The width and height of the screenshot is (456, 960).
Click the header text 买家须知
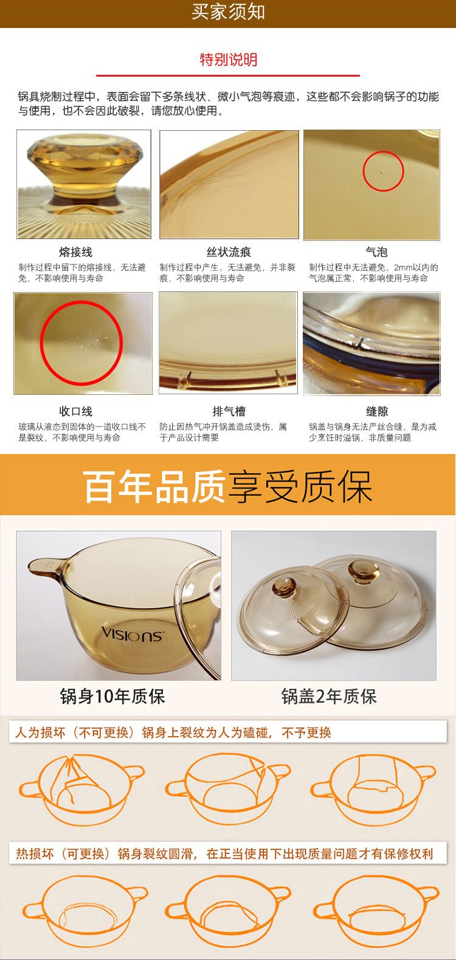point(228,12)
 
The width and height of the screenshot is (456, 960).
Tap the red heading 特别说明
point(229,60)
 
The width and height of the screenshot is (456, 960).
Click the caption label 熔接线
point(76,252)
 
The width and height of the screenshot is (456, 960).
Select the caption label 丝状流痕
point(229,252)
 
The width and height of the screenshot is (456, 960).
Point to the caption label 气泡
point(377,252)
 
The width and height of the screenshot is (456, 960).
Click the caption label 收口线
point(76,411)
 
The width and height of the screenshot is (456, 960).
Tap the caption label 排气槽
point(229,411)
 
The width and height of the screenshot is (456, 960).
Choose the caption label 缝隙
point(377,411)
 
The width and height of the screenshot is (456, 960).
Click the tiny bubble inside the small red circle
point(382,173)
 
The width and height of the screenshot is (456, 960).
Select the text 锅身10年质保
point(112,697)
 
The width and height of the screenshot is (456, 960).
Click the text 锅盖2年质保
point(329,697)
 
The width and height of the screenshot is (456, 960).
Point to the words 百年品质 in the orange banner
point(154,487)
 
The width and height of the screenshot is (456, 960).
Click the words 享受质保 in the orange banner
point(300,487)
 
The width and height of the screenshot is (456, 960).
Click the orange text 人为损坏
point(40,732)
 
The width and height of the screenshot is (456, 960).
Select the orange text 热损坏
point(35,854)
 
